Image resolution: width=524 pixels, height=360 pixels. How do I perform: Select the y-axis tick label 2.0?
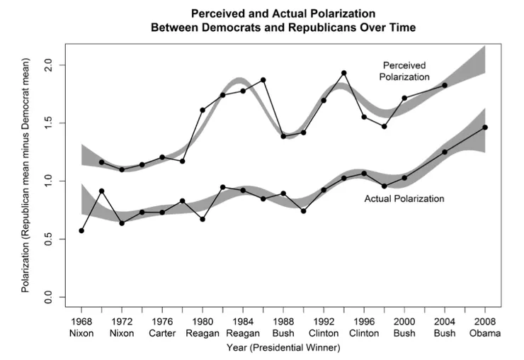tap(50, 64)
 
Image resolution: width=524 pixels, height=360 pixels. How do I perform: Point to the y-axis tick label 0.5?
tap(50, 240)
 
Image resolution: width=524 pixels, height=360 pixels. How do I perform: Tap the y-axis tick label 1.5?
tap(50, 123)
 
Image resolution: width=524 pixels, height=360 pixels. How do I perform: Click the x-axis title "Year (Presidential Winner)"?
tap(283, 348)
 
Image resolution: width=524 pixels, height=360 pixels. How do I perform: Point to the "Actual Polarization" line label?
tap(404, 198)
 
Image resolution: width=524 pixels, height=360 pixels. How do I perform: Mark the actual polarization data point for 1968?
tap(81, 230)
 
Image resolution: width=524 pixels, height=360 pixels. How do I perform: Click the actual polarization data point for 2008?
tap(485, 128)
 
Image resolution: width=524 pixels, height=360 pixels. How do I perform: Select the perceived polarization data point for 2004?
tap(445, 85)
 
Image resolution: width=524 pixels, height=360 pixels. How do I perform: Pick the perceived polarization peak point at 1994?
tap(344, 73)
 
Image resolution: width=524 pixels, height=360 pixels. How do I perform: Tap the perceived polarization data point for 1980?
tap(203, 110)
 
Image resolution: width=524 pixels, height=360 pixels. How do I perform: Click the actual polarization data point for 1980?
tap(203, 219)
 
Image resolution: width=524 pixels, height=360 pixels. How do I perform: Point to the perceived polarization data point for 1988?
tap(283, 135)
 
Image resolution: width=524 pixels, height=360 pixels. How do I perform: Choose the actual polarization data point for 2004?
tap(445, 152)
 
